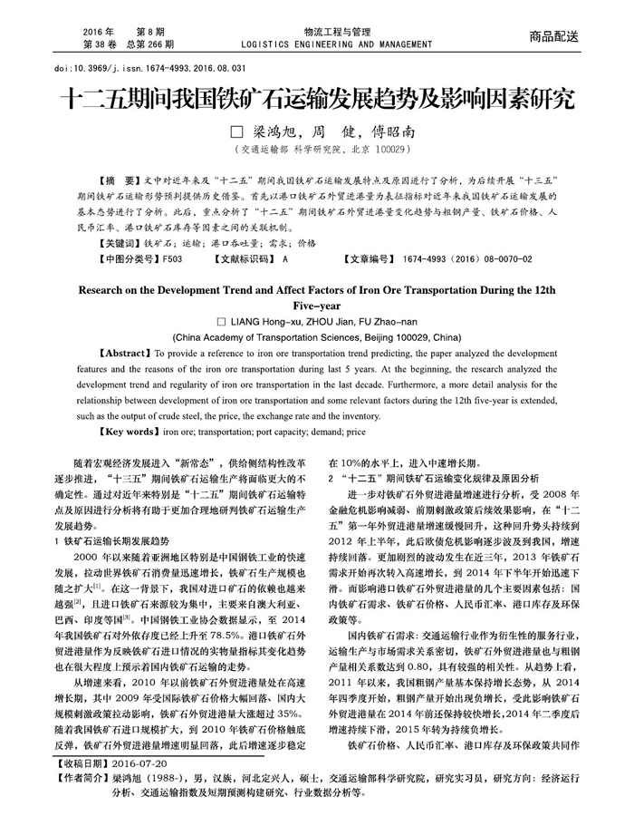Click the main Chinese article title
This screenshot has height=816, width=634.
pos(316,100)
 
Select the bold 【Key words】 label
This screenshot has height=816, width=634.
pos(130,432)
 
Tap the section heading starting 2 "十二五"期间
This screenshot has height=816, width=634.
pos(434,477)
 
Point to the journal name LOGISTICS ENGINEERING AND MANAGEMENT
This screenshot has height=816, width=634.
pos(326,43)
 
